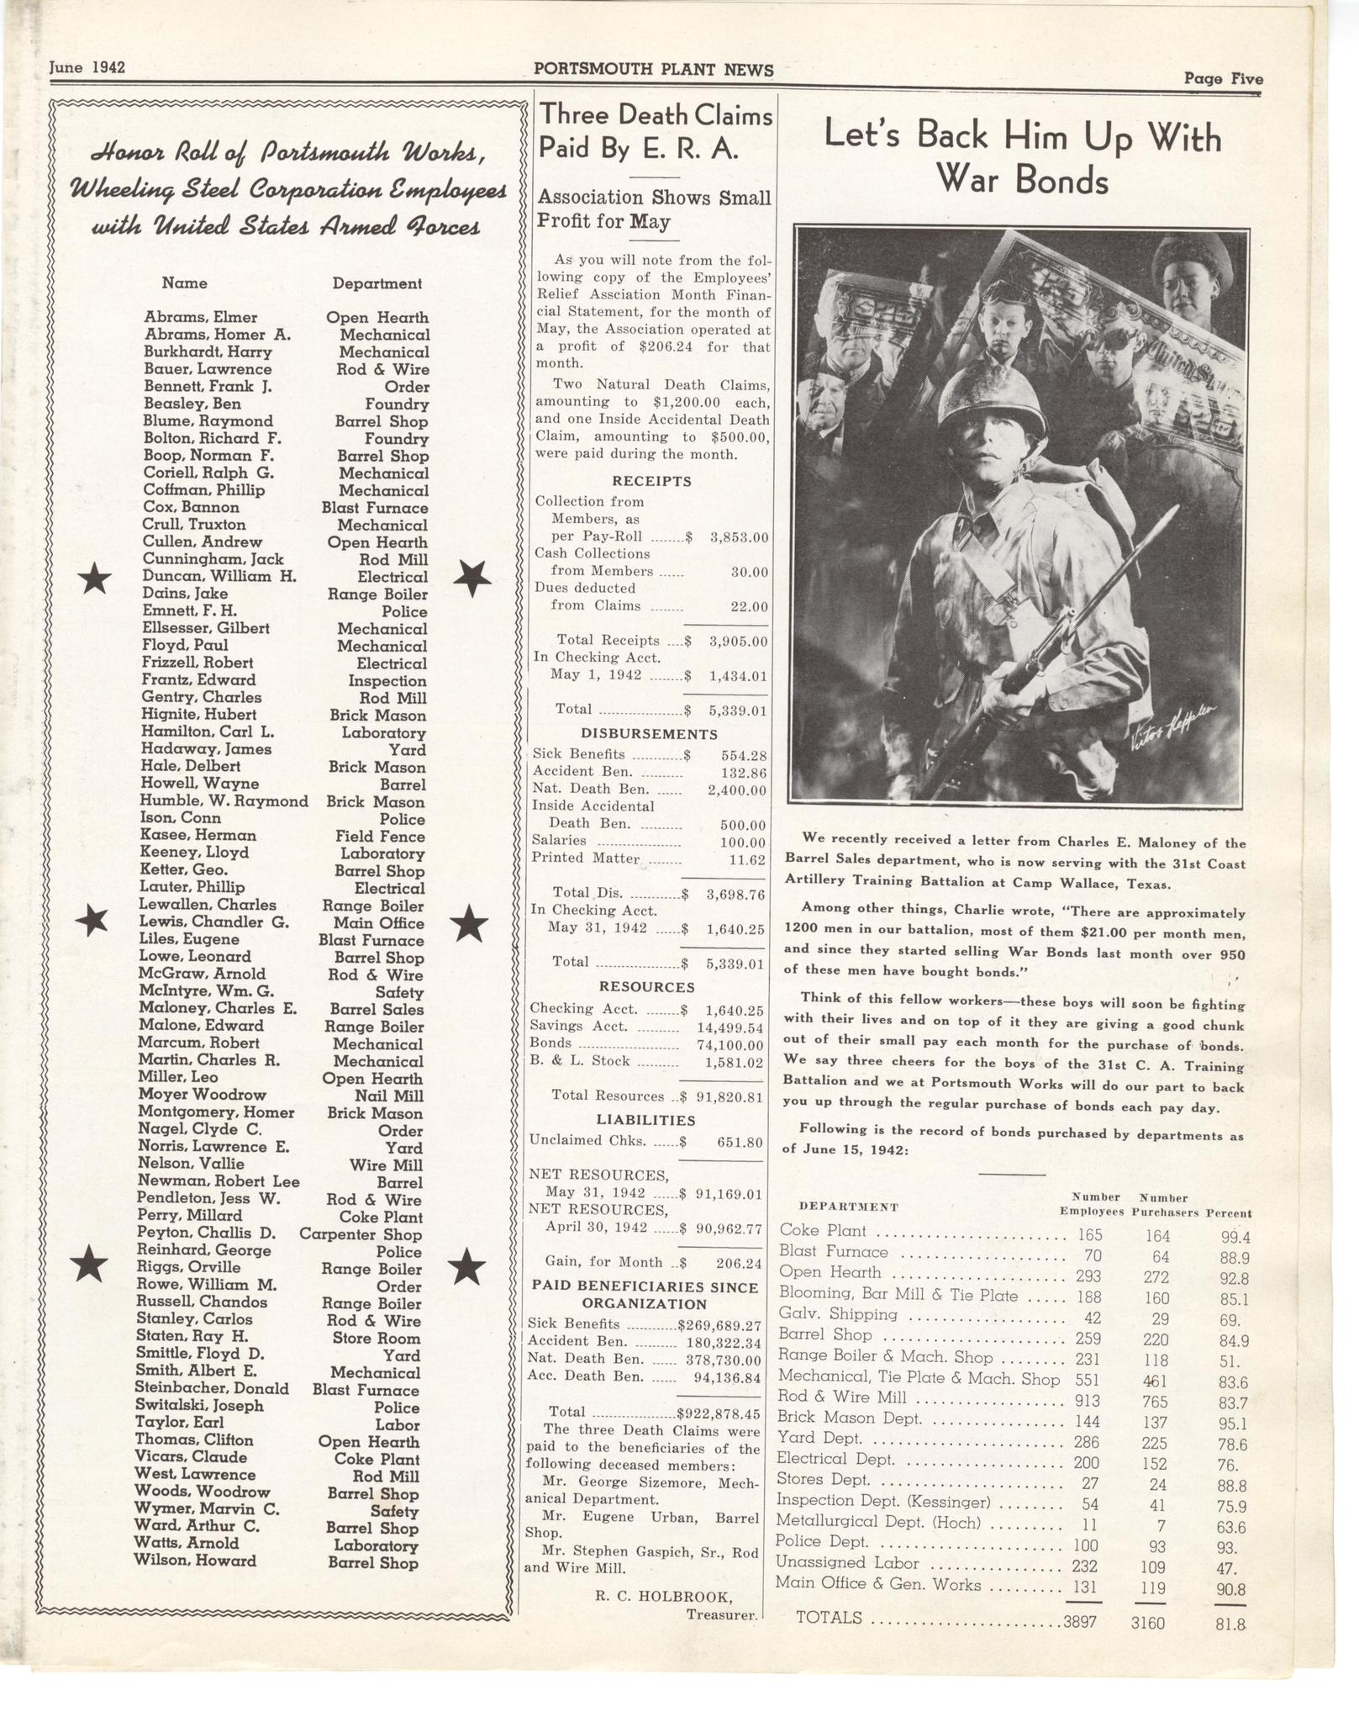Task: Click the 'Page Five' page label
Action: point(1223,79)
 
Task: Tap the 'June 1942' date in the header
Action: point(87,67)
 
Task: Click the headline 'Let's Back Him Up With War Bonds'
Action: point(1022,156)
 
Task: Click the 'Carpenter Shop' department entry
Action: point(361,1234)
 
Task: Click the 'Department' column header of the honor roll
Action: point(377,284)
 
